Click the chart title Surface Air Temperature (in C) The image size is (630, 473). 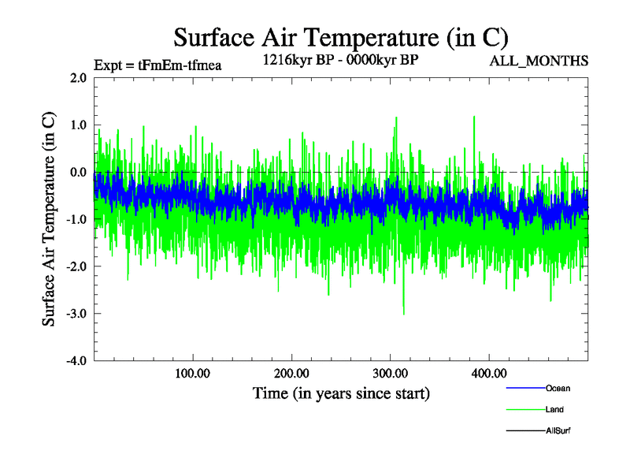click(340, 37)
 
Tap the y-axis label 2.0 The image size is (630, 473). click(78, 78)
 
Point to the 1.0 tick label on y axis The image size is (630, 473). click(78, 125)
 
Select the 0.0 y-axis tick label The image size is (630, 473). click(78, 173)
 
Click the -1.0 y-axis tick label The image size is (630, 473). click(76, 220)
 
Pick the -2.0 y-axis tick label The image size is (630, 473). click(76, 266)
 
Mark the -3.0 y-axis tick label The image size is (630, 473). click(76, 314)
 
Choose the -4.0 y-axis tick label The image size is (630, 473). click(76, 361)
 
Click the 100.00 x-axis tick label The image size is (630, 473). click(193, 373)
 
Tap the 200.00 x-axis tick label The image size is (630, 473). click(291, 373)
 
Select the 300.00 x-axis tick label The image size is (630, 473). click(390, 373)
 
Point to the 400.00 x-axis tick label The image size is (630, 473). click(488, 373)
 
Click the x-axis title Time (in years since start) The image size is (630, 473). click(341, 392)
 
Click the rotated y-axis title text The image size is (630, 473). click(49, 219)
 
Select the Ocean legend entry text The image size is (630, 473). click(558, 388)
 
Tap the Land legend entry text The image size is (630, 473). click(554, 409)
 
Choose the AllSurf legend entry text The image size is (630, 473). click(558, 430)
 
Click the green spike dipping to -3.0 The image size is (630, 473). click(404, 311)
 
